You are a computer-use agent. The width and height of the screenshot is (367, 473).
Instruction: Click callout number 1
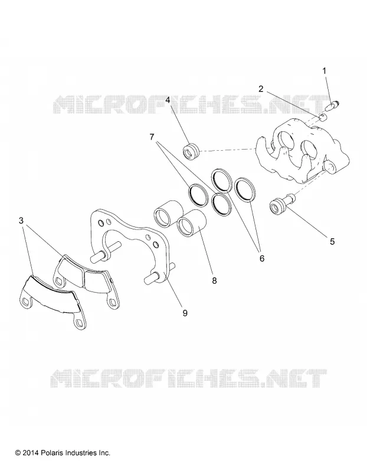(x=325, y=71)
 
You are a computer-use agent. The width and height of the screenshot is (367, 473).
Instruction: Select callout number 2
(x=261, y=89)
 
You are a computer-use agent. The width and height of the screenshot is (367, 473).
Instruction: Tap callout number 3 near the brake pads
(x=21, y=221)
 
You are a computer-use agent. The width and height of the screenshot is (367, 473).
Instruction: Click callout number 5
(x=332, y=241)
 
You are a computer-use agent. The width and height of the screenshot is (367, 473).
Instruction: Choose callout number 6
(x=261, y=258)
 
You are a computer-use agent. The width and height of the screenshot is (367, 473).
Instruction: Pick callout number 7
(x=152, y=137)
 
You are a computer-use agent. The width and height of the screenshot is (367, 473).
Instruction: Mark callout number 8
(x=214, y=281)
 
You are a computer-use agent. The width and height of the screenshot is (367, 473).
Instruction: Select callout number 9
(x=185, y=313)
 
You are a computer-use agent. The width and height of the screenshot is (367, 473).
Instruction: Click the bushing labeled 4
(x=191, y=151)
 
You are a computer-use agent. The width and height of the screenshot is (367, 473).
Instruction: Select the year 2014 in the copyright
(x=31, y=453)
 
